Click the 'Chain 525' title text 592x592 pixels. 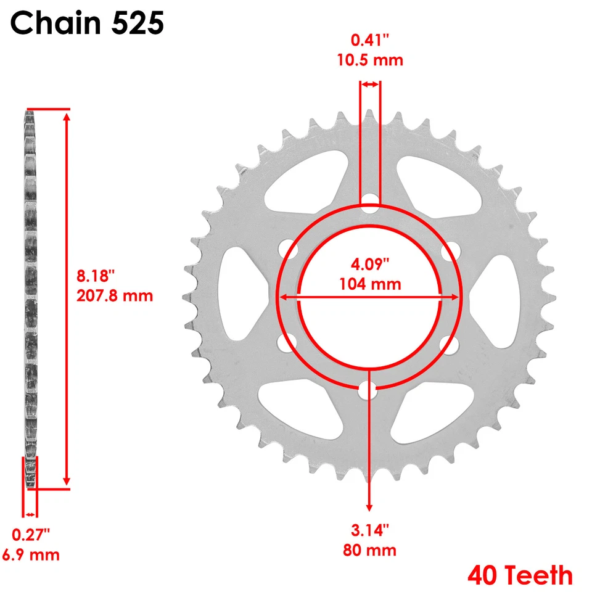pyautogui.click(x=87, y=24)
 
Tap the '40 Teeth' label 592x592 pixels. pyautogui.click(x=519, y=575)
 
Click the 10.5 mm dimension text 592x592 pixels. pyautogui.click(x=370, y=60)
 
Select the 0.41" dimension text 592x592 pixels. pyautogui.click(x=370, y=41)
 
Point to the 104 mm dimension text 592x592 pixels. pyautogui.click(x=370, y=284)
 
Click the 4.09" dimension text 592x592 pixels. pyautogui.click(x=370, y=265)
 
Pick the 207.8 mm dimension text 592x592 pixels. pyautogui.click(x=115, y=295)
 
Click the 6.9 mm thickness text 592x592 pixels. pyautogui.click(x=31, y=554)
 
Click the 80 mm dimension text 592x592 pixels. pyautogui.click(x=370, y=549)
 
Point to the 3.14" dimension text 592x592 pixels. pyautogui.click(x=370, y=530)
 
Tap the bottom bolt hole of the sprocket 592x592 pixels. pyautogui.click(x=368, y=390)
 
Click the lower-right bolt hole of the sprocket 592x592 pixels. pyautogui.click(x=450, y=343)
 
